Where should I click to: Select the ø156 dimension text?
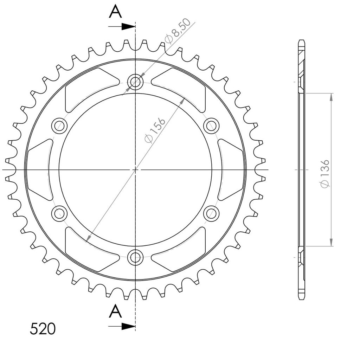[x=155, y=131]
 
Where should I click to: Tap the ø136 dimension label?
[x=325, y=174]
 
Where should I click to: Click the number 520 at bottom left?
[x=43, y=329]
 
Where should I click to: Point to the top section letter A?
[x=115, y=12]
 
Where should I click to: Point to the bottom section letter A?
[x=115, y=311]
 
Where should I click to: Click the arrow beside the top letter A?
[x=122, y=27]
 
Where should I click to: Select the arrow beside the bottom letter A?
[x=122, y=326]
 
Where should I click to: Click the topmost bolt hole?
[x=135, y=82]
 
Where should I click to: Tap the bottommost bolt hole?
[x=135, y=257]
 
